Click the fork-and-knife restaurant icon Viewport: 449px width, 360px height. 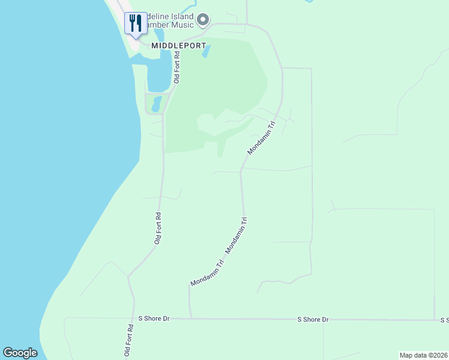coord(135,23)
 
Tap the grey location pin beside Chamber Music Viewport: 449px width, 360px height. coord(203,20)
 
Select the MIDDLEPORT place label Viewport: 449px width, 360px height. coord(178,46)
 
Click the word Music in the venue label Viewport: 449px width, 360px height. coord(182,25)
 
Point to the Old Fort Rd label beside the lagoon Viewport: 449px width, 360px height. coord(176,67)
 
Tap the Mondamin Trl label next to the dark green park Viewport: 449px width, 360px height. coord(261,139)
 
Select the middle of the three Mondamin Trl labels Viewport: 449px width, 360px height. coord(237,235)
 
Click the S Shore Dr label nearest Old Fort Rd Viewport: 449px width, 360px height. coord(154,319)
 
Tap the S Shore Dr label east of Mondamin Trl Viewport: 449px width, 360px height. coord(313,320)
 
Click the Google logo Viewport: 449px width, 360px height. coord(20,353)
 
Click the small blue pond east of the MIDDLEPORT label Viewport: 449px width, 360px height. coord(206,52)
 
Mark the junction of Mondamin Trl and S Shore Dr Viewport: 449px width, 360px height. coord(191,319)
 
